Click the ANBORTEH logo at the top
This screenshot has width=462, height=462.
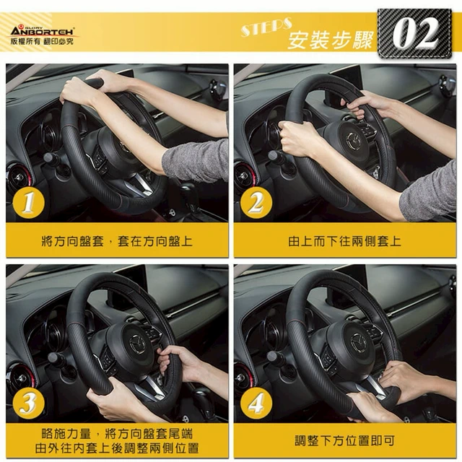pyautogui.click(x=42, y=31)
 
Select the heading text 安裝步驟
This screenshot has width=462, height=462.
pyautogui.click(x=331, y=40)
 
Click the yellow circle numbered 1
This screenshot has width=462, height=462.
pyautogui.click(x=29, y=203)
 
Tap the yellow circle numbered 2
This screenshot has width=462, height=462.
pyautogui.click(x=256, y=203)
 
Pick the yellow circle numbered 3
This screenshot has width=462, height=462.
pyautogui.click(x=29, y=404)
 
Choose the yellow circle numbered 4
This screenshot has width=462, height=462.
pyautogui.click(x=256, y=404)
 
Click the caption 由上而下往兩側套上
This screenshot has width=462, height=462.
pyautogui.click(x=344, y=241)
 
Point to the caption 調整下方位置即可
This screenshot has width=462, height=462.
pyautogui.click(x=344, y=441)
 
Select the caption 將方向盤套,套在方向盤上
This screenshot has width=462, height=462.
pyautogui.click(x=117, y=241)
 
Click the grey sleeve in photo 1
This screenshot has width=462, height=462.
pyautogui.click(x=196, y=161)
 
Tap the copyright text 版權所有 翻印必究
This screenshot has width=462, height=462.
pyautogui.click(x=42, y=42)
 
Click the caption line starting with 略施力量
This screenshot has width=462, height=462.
pyautogui.click(x=117, y=434)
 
